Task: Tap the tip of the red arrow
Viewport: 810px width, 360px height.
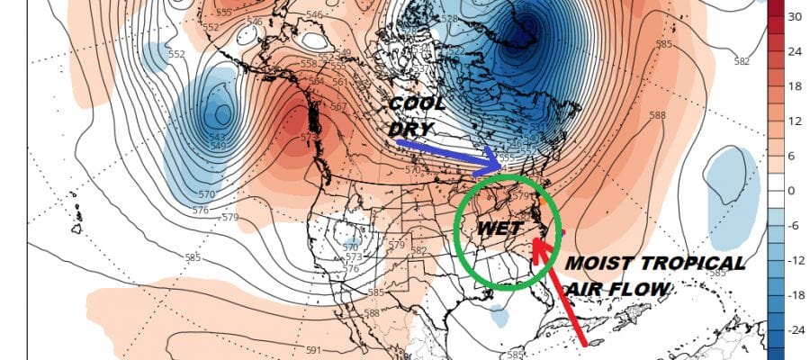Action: click(538, 238)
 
